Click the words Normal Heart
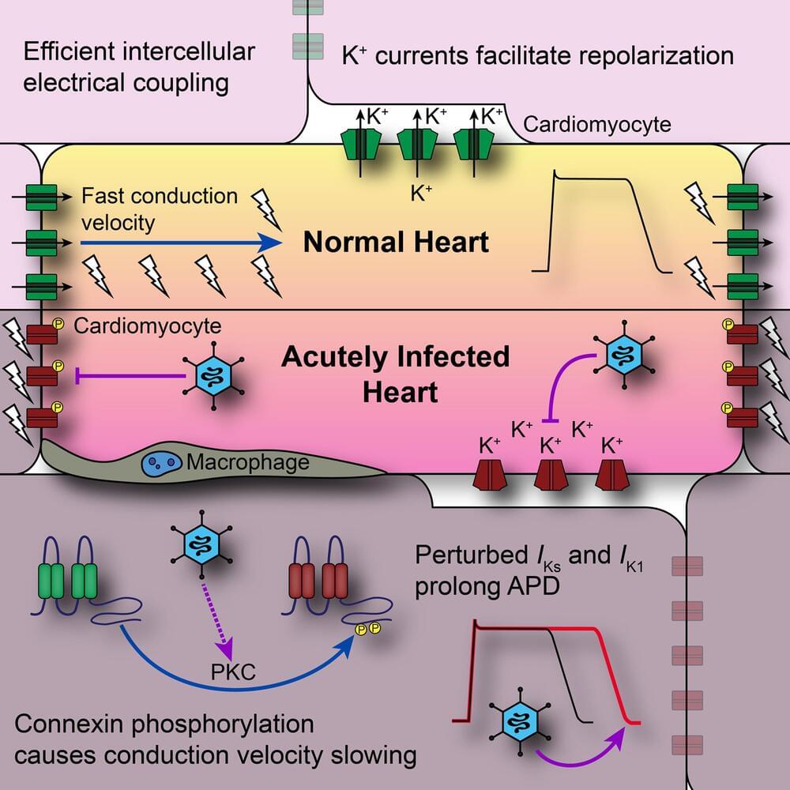click(397, 242)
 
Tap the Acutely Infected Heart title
click(396, 373)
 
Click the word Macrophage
click(247, 461)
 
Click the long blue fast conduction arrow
click(182, 243)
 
